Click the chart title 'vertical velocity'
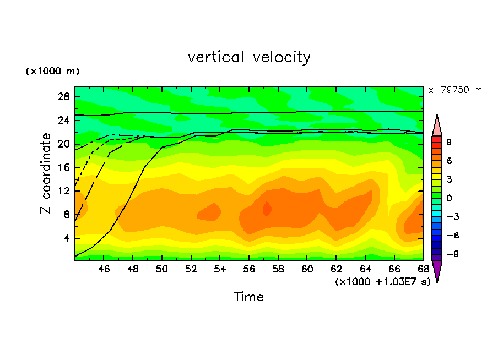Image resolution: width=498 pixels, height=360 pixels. click(x=249, y=57)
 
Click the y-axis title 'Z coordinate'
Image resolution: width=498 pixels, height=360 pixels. click(x=46, y=173)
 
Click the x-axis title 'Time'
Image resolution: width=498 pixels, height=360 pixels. click(x=249, y=297)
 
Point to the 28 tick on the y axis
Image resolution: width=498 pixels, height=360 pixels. click(x=64, y=97)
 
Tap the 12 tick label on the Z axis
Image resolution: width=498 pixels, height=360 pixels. click(x=64, y=191)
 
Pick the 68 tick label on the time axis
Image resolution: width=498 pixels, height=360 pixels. click(x=423, y=270)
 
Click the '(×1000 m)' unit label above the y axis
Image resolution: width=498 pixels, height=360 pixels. click(x=52, y=72)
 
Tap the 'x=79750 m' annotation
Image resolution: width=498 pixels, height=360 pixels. click(x=455, y=90)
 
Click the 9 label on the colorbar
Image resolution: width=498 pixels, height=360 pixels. click(x=449, y=141)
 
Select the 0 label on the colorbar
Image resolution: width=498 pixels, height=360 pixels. click(x=449, y=198)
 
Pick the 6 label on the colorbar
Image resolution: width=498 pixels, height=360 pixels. click(x=449, y=160)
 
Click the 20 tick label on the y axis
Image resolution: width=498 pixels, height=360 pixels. click(x=64, y=144)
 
